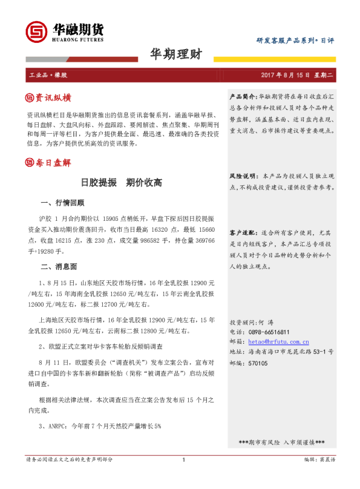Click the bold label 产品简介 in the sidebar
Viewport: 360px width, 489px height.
coord(243,97)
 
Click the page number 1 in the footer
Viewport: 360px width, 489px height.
coord(183,477)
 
